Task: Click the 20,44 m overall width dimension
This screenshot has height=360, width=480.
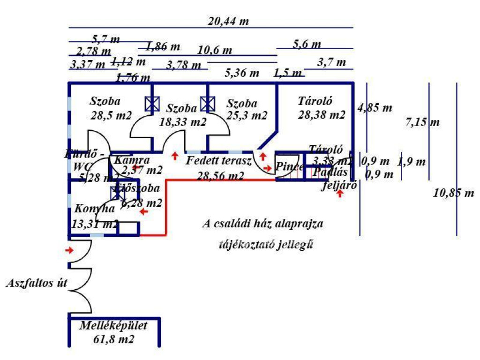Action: [x=228, y=21]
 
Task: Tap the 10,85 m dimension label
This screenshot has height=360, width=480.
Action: [x=454, y=193]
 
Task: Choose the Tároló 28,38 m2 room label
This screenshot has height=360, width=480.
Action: [x=321, y=107]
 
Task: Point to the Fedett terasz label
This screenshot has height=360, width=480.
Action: [x=219, y=161]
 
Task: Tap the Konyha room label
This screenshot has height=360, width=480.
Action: [x=94, y=209]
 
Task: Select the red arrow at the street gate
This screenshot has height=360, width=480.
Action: [x=69, y=250]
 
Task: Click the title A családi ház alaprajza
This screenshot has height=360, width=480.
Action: [x=262, y=224]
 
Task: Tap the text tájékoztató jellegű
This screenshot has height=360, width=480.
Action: [x=266, y=244]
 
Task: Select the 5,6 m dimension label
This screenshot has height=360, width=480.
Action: [x=307, y=45]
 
